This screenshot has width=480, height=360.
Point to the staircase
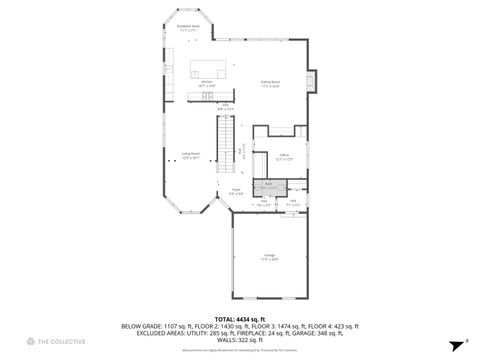tap(226, 131)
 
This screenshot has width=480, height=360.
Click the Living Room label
tap(190, 155)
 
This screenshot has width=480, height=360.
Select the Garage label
tap(270, 256)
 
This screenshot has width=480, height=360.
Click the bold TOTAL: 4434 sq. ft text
tap(239, 318)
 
